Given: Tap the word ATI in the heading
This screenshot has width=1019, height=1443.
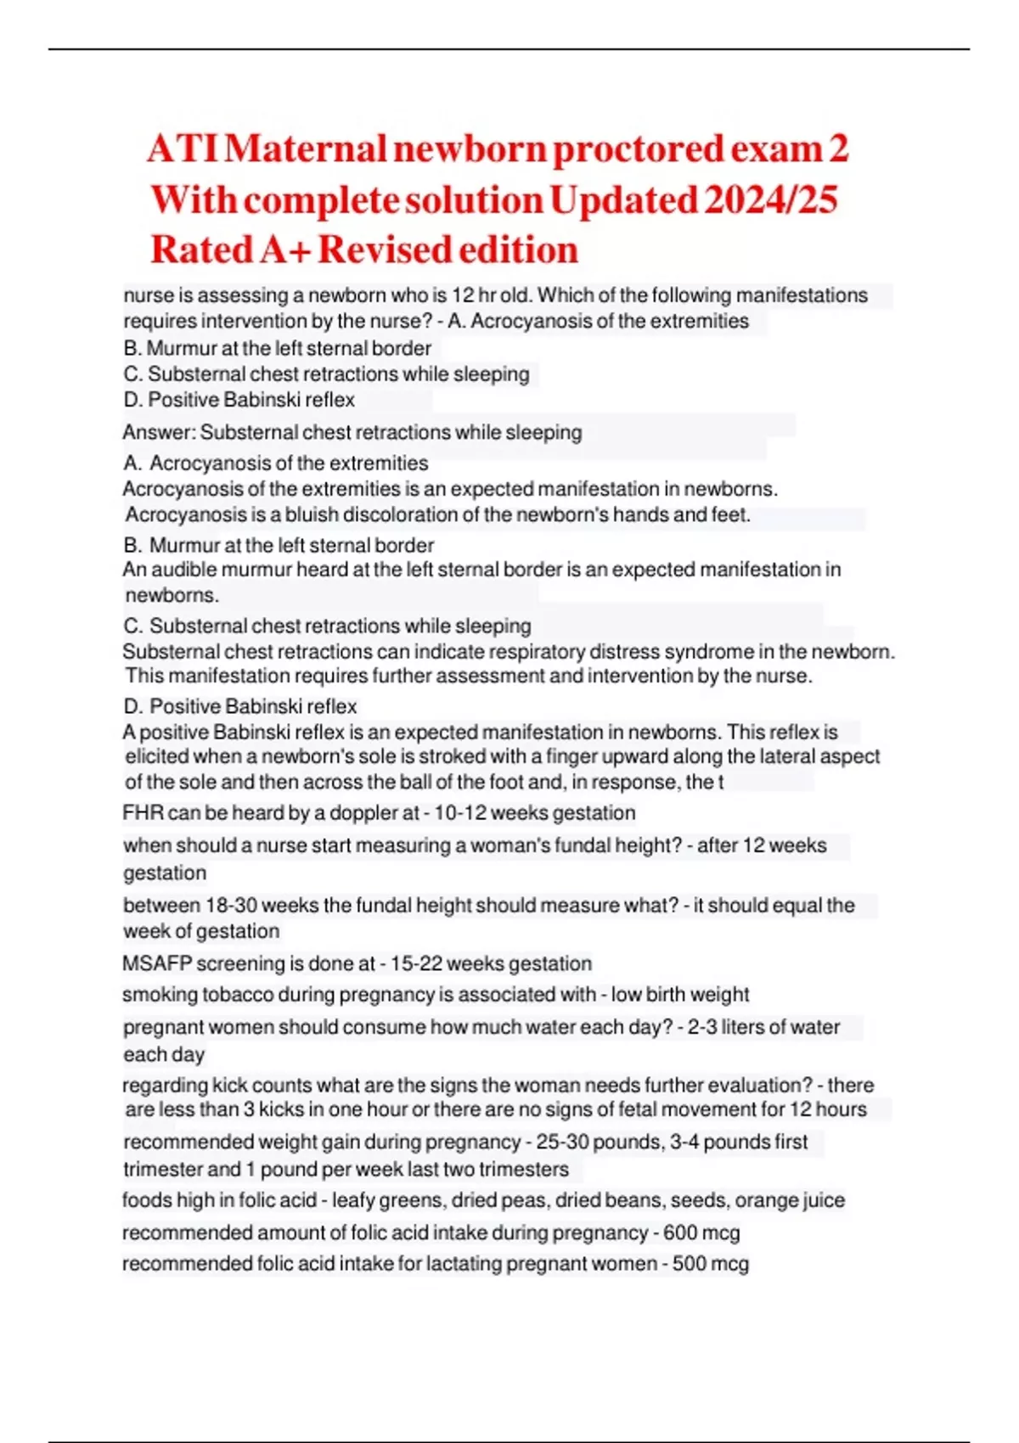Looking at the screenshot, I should pyautogui.click(x=183, y=149).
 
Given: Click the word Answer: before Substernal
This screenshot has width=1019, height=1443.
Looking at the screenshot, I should pyautogui.click(x=160, y=432).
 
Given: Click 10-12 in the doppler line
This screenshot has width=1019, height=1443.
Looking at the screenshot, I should pyautogui.click(x=459, y=812).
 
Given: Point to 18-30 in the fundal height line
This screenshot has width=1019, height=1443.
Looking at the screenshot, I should pyautogui.click(x=229, y=905).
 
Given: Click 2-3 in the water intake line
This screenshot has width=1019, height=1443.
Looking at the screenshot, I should pyautogui.click(x=701, y=1027).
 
